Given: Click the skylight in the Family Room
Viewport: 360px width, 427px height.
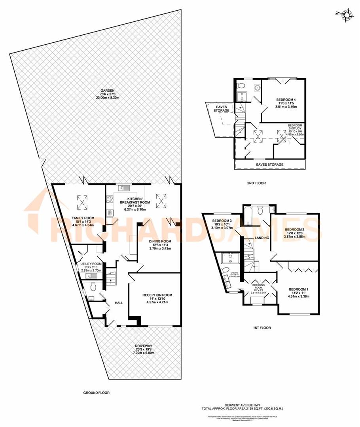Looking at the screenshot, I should click(x=82, y=203).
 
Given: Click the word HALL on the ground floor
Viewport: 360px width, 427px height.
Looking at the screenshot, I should click(x=119, y=303).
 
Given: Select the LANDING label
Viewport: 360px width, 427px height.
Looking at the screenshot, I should click(x=262, y=238).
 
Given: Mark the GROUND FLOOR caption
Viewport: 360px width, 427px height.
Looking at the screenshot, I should click(x=96, y=393).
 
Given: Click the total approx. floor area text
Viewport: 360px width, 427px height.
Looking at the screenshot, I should click(x=259, y=408).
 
